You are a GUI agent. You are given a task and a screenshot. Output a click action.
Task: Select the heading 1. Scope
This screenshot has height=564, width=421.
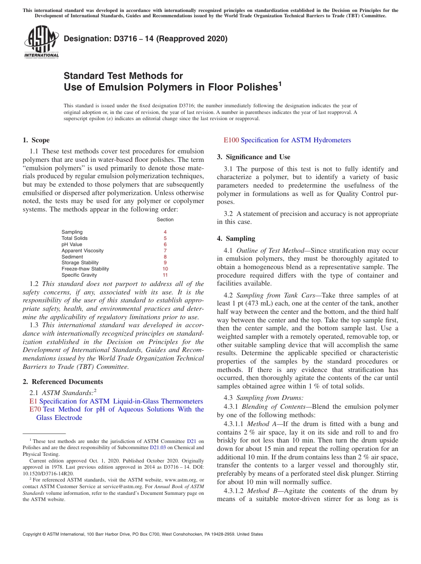point(36,140)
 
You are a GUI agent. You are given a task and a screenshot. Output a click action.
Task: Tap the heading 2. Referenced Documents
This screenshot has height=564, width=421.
point(62,382)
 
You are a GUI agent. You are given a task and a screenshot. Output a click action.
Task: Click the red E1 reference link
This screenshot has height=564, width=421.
point(33,401)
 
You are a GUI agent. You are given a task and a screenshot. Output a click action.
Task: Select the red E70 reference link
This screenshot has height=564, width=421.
point(35,409)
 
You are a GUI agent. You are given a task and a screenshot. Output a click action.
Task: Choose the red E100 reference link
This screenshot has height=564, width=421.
point(231,140)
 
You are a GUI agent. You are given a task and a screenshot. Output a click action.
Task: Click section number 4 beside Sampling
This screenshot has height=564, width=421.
point(165,232)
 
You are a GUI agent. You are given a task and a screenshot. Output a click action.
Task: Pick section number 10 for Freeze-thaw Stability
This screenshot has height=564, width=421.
point(165,269)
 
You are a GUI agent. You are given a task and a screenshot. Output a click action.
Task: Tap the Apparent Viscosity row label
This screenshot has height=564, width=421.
point(82,251)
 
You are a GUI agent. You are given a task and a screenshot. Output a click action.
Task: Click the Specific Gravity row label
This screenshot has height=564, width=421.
point(79,275)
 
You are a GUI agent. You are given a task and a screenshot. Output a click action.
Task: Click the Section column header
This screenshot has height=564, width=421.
point(165,219)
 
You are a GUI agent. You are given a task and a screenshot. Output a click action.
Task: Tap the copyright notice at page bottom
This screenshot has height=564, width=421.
point(143,534)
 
